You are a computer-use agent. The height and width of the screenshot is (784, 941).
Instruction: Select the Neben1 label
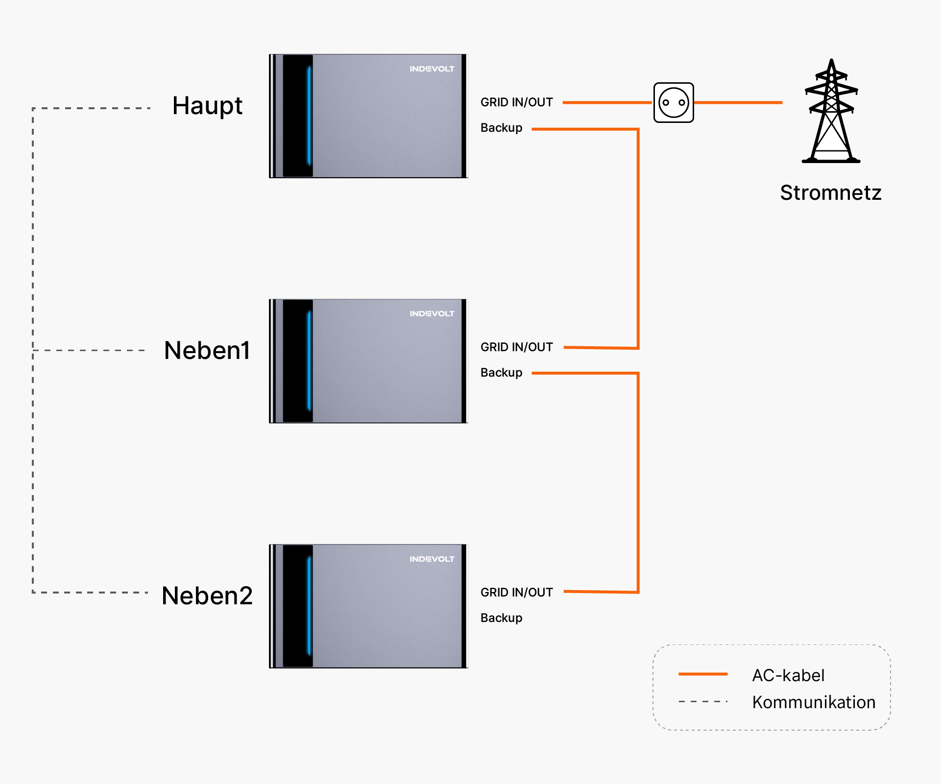tap(207, 351)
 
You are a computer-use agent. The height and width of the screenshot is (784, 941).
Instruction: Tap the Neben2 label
tap(207, 596)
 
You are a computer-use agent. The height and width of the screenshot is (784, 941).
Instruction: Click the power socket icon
tap(674, 102)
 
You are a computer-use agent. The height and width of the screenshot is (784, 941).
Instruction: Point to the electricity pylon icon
tap(831, 111)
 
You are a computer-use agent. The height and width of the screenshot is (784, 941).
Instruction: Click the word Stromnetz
tap(831, 192)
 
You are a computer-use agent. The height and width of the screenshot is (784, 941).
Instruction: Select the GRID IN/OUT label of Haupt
tap(517, 102)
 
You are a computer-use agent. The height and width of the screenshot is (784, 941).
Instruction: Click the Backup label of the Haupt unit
tap(501, 128)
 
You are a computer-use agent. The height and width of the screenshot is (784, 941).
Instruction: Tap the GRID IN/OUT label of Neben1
tap(517, 347)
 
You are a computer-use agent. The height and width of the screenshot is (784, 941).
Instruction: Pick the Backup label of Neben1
tap(501, 373)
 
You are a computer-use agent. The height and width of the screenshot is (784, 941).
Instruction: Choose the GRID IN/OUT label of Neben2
tap(517, 593)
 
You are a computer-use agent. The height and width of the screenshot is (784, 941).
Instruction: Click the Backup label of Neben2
tap(501, 618)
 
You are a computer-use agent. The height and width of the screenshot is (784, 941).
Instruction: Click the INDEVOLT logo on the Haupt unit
tap(432, 69)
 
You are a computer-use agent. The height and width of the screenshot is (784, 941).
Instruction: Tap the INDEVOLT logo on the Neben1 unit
tap(432, 314)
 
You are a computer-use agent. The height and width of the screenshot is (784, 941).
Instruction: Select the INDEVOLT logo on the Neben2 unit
tap(432, 559)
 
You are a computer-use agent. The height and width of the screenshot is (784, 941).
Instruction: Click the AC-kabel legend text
tap(788, 676)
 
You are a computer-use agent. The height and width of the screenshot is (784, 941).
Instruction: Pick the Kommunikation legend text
tap(814, 703)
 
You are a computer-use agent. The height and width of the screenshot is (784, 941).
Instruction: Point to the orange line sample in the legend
tap(703, 674)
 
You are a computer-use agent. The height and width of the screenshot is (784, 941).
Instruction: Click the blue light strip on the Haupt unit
tap(309, 116)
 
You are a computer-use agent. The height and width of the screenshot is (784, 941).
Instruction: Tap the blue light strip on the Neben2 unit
tap(309, 606)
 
